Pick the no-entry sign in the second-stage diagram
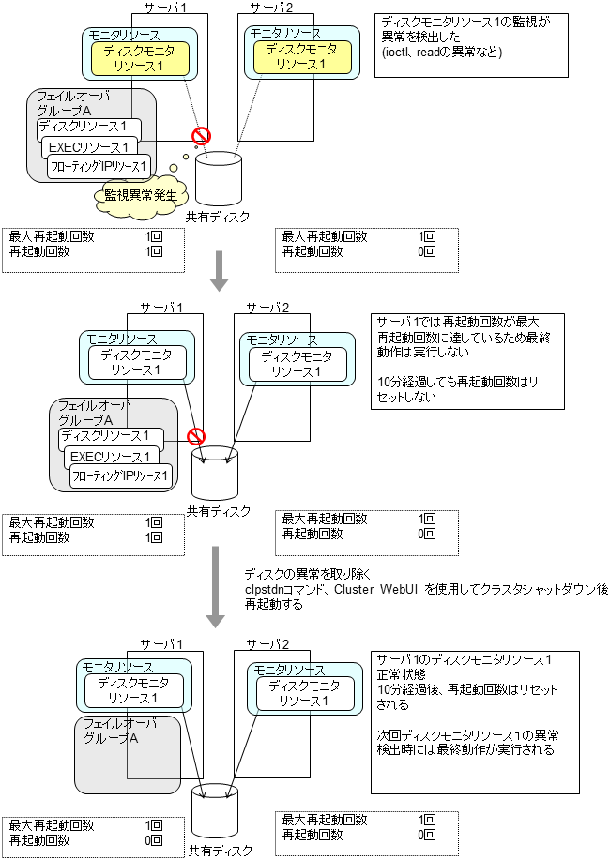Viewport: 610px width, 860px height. [x=196, y=436]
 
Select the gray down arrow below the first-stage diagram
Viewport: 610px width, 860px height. [x=218, y=269]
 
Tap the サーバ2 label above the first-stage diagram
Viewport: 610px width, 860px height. [x=273, y=8]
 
